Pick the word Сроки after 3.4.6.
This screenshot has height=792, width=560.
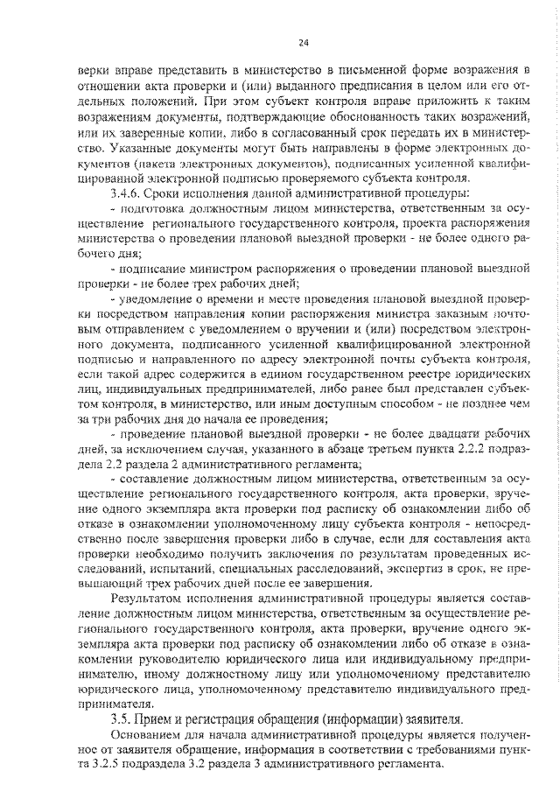[x=162, y=192]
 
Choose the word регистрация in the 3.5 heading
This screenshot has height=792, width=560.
[x=225, y=718]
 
